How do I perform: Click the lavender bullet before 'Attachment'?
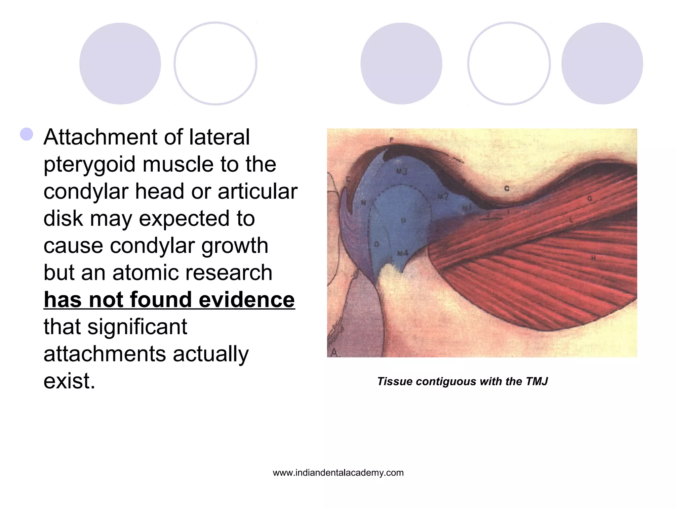coord(26,135)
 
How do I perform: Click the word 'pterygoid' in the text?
coord(89,164)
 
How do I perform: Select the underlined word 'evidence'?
coord(247,300)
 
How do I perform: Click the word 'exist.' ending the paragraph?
coord(69,381)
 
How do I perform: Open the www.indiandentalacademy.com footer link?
coord(338,473)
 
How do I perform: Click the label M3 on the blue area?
coord(402,171)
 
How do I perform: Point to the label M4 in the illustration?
coord(402,253)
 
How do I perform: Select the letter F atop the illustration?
coord(391,140)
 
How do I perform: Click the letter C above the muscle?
coord(507,189)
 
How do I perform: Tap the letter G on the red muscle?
coord(589,198)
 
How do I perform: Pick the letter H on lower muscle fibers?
coord(593,258)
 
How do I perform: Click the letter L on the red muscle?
coord(571,220)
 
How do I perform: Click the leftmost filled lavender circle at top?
coord(120,63)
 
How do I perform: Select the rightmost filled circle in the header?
coord(602,63)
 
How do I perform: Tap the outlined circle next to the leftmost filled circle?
coord(215,63)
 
